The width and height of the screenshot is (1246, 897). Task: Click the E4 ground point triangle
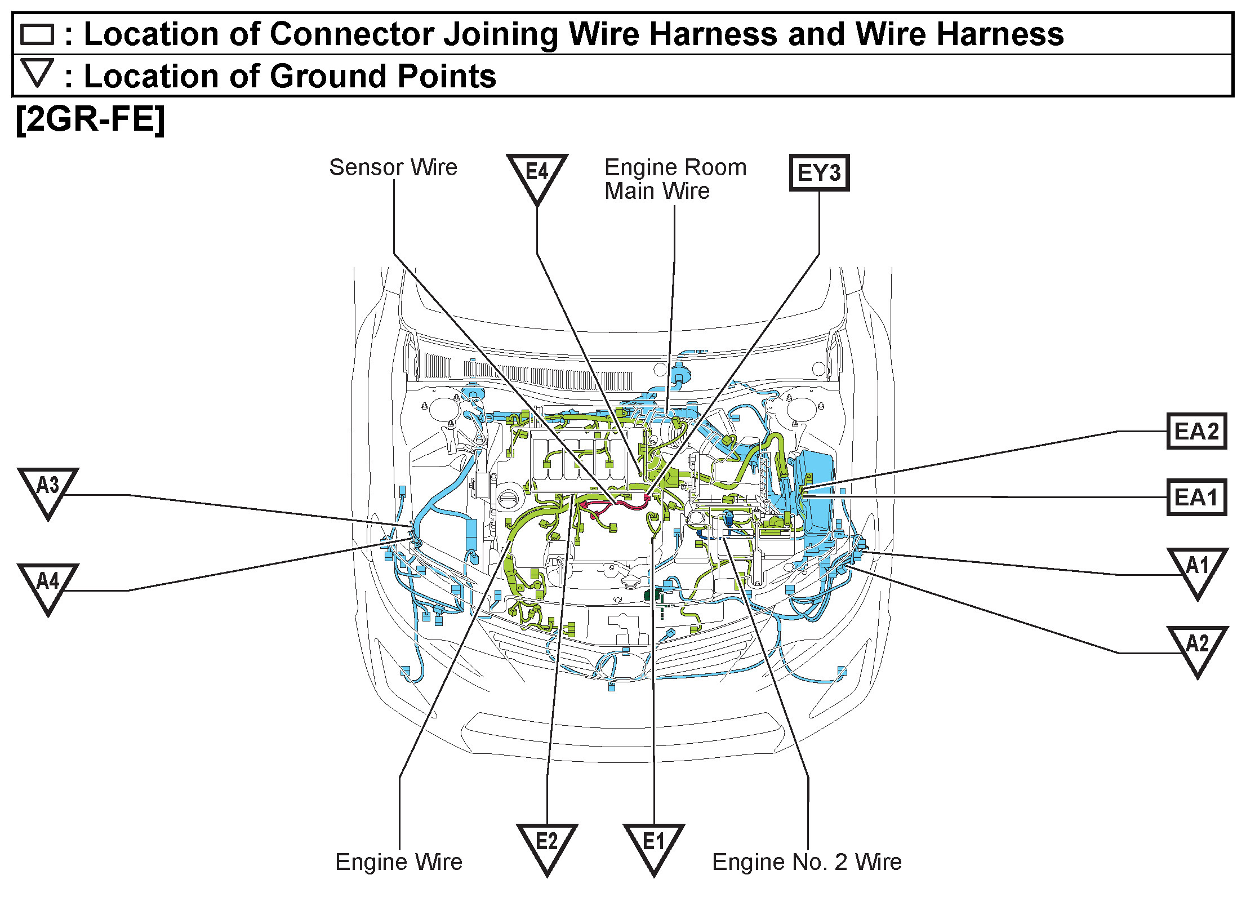tap(536, 174)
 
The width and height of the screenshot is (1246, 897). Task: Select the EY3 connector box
tap(818, 173)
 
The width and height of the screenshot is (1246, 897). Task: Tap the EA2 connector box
tap(1196, 431)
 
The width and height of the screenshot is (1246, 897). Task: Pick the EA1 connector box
tap(1196, 497)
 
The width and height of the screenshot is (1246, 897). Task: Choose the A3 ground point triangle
tap(48, 488)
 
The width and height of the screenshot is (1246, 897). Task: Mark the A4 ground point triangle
tap(48, 584)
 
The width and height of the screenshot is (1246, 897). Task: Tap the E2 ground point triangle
tap(546, 844)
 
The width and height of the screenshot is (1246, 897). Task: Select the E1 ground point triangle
tap(653, 844)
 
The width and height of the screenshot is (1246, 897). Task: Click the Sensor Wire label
tap(393, 167)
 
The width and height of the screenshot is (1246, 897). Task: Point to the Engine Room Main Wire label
tap(675, 179)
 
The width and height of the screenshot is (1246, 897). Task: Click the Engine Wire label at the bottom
tap(399, 862)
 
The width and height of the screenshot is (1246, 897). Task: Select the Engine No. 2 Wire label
tap(807, 862)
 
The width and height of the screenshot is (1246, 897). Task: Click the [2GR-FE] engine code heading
tap(90, 119)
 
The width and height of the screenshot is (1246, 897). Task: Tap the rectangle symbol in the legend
tap(37, 34)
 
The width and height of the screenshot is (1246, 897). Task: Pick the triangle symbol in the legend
tap(37, 72)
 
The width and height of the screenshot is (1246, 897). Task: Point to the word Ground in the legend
tap(329, 76)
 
